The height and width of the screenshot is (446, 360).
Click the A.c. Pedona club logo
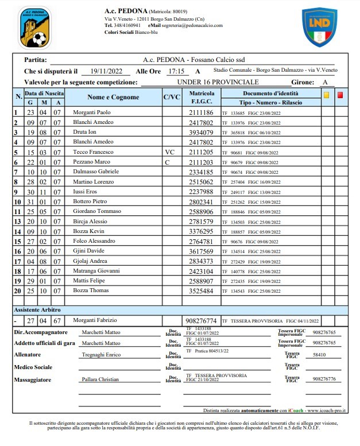click(34, 28)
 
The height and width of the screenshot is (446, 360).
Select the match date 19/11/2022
click(106, 72)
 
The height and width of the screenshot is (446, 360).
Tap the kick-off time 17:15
click(176, 72)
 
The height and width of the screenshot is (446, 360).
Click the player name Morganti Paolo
click(92, 113)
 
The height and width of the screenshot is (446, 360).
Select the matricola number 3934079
click(202, 132)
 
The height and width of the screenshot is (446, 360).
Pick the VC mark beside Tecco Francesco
click(169, 152)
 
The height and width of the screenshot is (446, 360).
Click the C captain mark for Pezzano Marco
click(167, 162)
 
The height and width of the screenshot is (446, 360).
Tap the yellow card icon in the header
click(327, 95)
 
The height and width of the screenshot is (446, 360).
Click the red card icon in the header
click(340, 95)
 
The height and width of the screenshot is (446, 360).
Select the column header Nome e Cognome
click(113, 97)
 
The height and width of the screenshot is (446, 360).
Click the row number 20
click(17, 290)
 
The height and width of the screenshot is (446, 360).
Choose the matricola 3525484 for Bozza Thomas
click(202, 291)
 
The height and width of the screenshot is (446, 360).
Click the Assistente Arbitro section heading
click(38, 310)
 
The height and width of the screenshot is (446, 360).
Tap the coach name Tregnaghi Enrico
click(101, 355)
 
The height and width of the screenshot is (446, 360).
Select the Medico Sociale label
click(37, 367)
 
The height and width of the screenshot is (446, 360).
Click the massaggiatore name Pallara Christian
click(101, 379)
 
